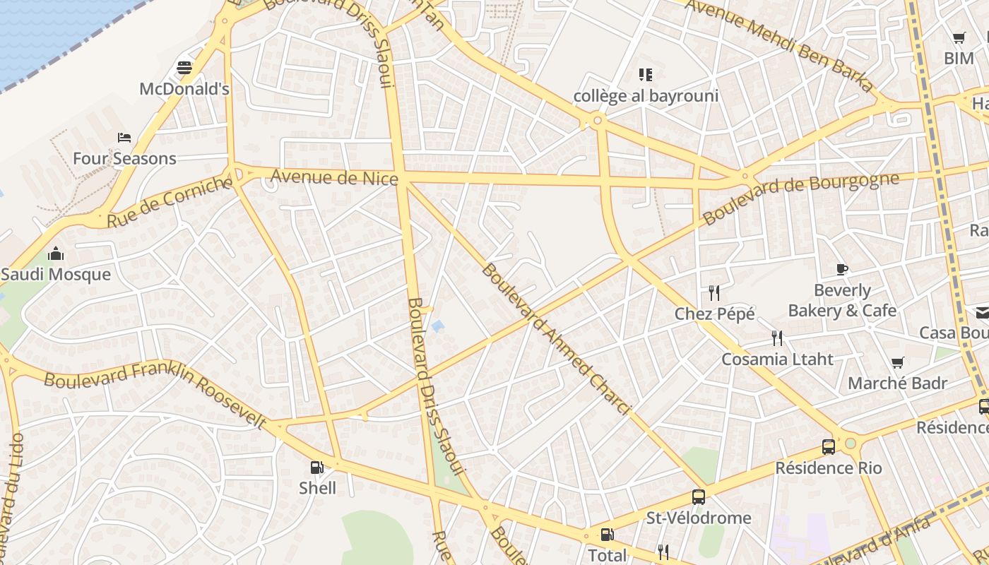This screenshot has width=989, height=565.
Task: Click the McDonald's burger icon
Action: [x=184, y=68]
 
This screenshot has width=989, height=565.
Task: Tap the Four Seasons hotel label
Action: [x=124, y=158]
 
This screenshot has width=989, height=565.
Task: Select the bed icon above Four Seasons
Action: [x=124, y=137]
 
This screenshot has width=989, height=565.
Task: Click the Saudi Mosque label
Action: [x=56, y=275]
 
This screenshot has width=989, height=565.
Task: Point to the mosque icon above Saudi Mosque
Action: [x=56, y=254]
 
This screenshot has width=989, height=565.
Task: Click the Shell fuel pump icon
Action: [x=317, y=467]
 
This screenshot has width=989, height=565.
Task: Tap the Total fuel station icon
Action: [x=607, y=535]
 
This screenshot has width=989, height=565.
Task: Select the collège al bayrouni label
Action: [x=646, y=96]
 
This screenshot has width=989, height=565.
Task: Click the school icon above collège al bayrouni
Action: [x=645, y=74]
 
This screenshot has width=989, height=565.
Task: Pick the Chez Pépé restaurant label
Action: [x=715, y=314]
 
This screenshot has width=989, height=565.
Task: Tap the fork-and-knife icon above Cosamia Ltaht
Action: [x=777, y=338]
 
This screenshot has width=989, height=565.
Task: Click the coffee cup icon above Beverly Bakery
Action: [x=841, y=269]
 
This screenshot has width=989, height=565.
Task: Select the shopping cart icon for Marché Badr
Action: [x=897, y=363]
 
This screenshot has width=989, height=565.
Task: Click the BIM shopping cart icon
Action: [x=959, y=38]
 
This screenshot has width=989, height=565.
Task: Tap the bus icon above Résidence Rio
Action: [x=829, y=446]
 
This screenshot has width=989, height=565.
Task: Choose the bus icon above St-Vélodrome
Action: [x=699, y=496]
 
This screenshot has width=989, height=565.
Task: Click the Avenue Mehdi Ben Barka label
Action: [x=781, y=44]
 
